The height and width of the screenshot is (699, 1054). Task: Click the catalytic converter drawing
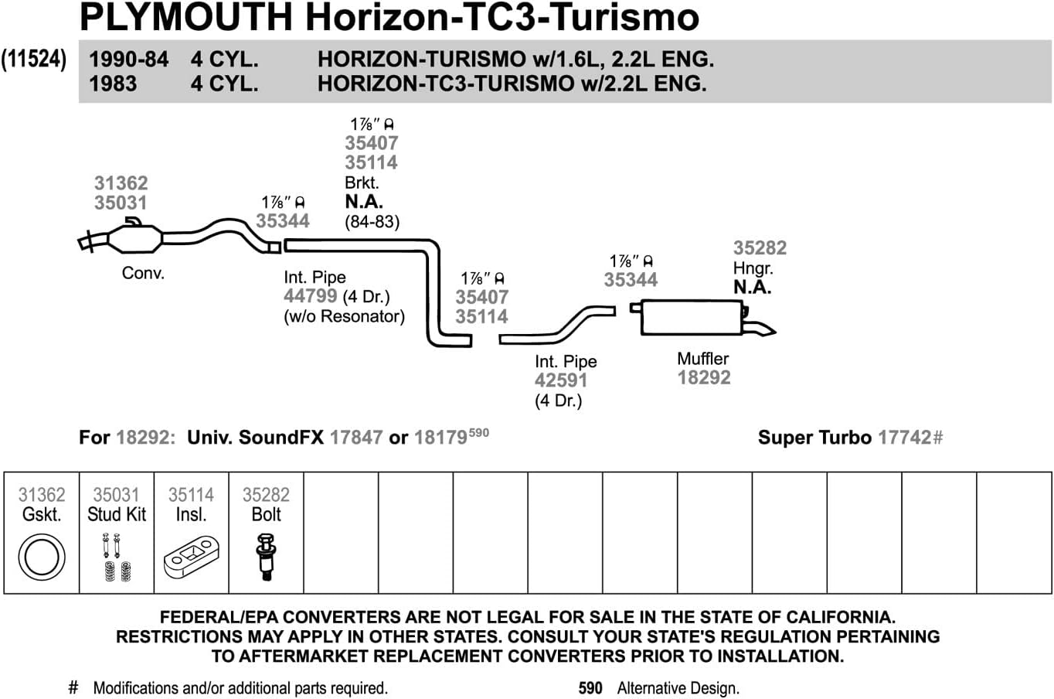(135, 239)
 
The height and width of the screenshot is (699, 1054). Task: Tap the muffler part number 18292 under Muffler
(703, 377)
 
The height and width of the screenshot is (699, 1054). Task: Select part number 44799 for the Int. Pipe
(310, 296)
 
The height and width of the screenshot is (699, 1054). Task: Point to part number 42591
(560, 380)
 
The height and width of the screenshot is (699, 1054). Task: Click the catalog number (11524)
(34, 60)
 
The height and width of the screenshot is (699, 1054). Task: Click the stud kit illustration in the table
(116, 558)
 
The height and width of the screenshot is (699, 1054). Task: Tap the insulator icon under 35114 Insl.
(191, 557)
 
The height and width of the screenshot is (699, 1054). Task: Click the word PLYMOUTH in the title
(185, 17)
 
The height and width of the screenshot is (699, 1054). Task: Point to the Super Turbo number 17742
(904, 438)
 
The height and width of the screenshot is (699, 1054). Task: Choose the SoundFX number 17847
(355, 438)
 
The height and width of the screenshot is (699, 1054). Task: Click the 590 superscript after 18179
(479, 432)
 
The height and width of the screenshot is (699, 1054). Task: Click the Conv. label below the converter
(143, 274)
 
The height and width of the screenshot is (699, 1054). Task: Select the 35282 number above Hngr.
(760, 248)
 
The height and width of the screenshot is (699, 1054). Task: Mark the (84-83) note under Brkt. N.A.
(372, 222)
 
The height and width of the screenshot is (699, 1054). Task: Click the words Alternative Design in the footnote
(678, 688)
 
